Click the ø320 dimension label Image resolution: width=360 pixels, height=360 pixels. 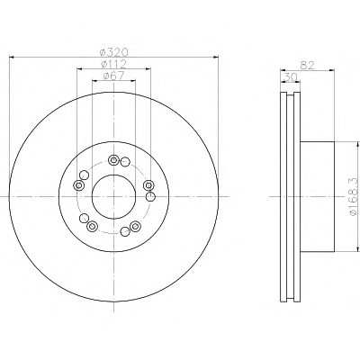(x=113, y=52)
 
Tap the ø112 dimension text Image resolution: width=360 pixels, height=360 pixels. (x=113, y=64)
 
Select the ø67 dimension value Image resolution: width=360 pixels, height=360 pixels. (x=113, y=76)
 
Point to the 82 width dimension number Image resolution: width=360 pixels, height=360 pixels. (x=307, y=66)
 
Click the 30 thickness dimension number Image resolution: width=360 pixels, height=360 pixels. (x=290, y=77)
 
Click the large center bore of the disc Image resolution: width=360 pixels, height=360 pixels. (x=113, y=197)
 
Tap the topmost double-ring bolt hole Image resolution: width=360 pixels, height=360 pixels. (x=113, y=160)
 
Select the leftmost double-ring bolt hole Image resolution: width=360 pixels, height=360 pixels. (x=78, y=185)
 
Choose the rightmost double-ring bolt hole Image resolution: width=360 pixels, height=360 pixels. (x=148, y=185)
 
